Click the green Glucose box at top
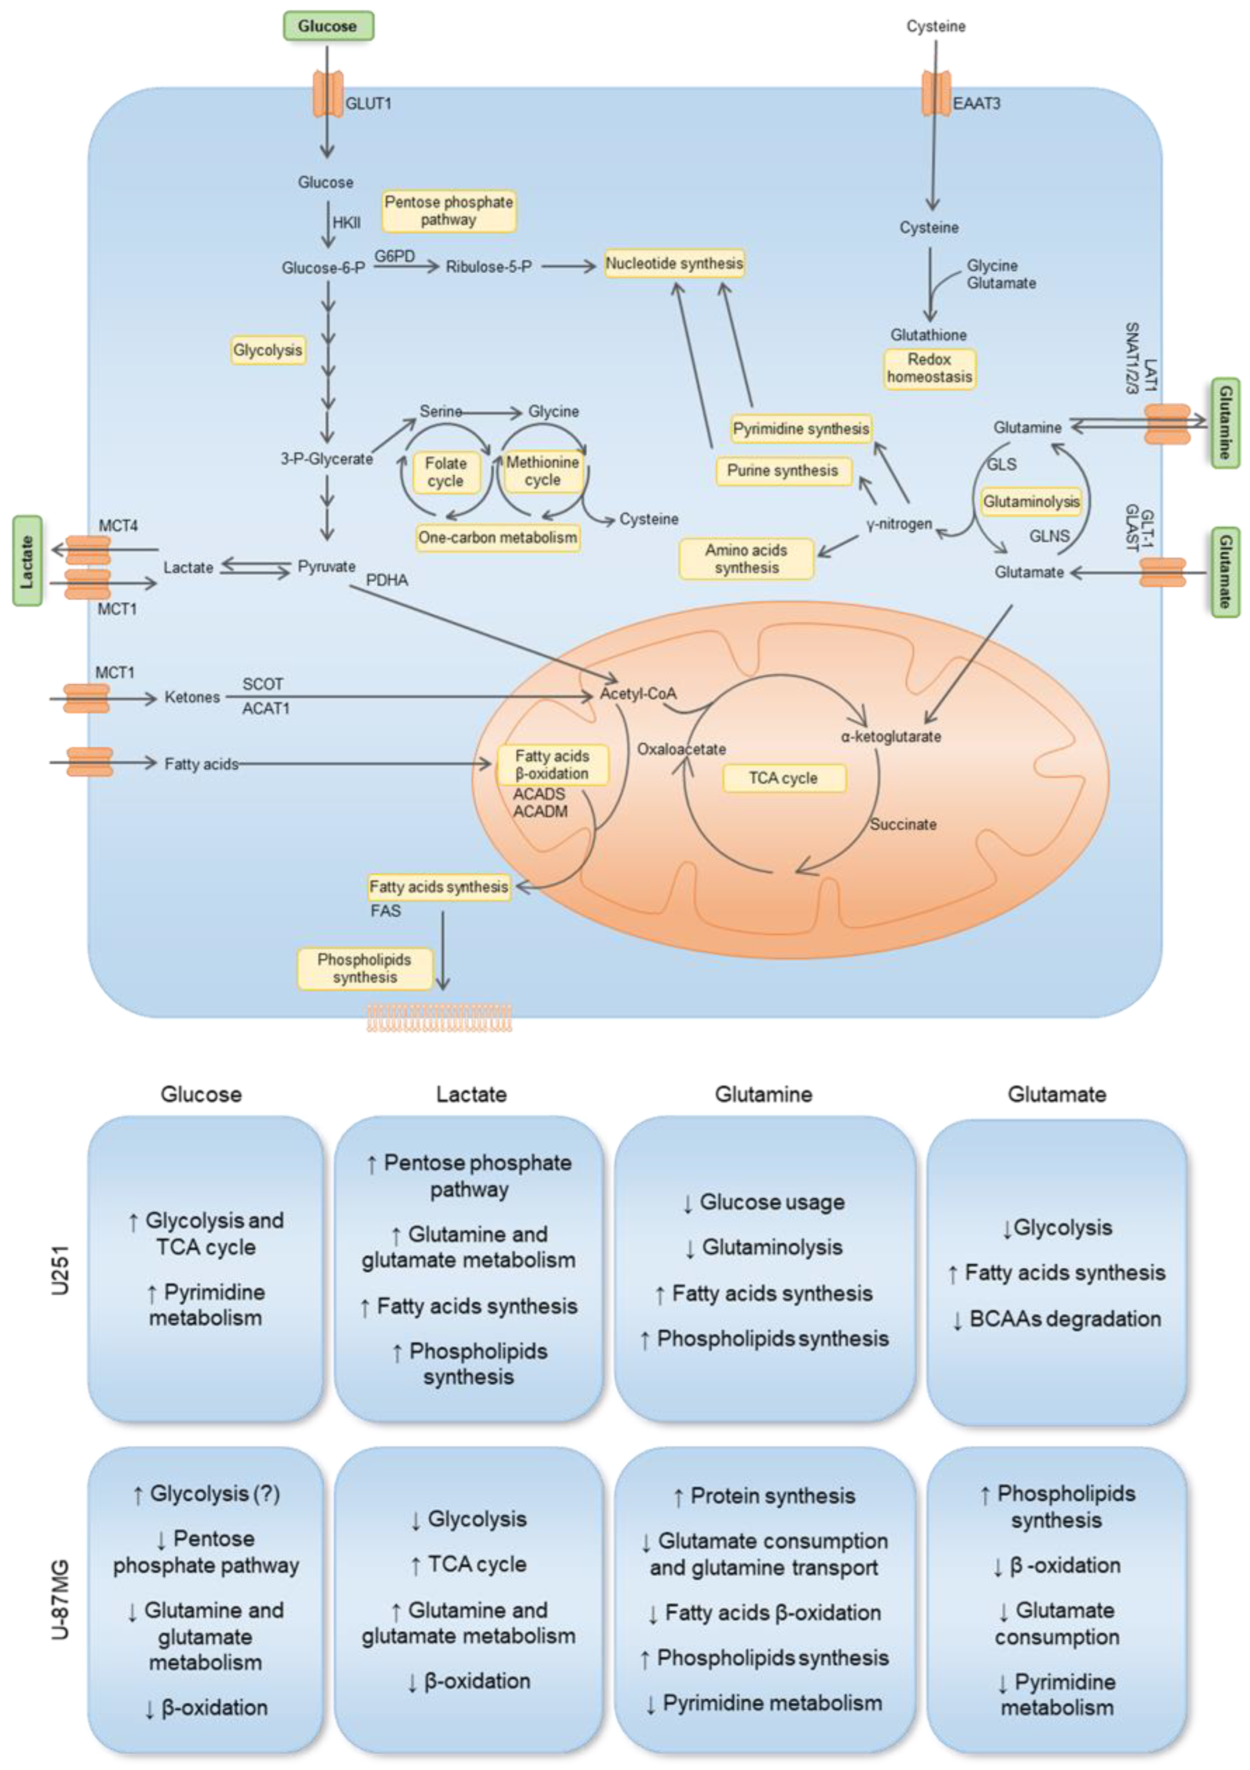(x=328, y=26)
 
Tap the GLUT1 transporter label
(x=368, y=103)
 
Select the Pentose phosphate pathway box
(x=449, y=210)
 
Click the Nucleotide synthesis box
(x=674, y=264)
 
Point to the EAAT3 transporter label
(x=976, y=103)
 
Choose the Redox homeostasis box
(x=929, y=368)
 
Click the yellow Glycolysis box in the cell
(x=268, y=350)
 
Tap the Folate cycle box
(x=446, y=472)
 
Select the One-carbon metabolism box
(x=497, y=537)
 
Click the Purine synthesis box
(x=783, y=470)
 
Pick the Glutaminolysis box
(x=1031, y=501)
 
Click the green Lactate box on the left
(x=27, y=561)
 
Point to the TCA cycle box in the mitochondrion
(x=783, y=778)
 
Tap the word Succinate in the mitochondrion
(x=903, y=824)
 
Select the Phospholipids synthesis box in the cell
(x=365, y=968)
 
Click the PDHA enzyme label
(x=386, y=580)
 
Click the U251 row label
(x=60, y=1270)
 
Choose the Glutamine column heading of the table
(x=763, y=1094)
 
